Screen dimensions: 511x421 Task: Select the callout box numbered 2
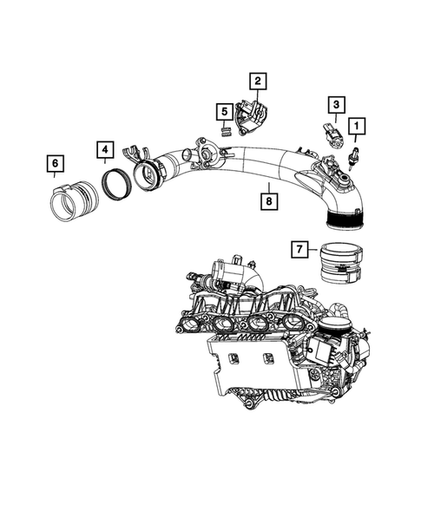258,82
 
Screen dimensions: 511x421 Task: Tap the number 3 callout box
334,105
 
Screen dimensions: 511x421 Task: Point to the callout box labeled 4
103,151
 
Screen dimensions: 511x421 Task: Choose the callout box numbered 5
223,112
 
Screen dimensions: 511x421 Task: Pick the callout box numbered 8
269,202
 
